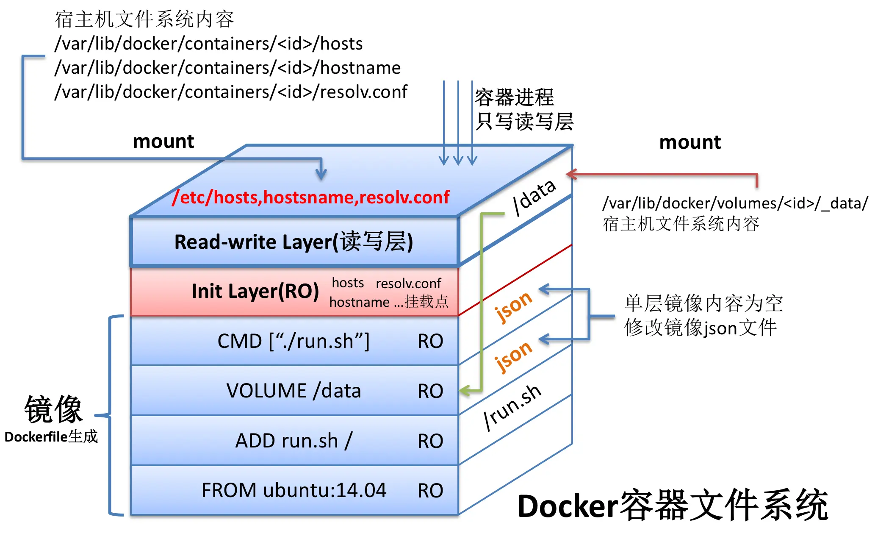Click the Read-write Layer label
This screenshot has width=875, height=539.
(x=294, y=242)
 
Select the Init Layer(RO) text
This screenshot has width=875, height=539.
(x=255, y=292)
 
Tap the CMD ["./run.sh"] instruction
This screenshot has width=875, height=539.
(x=294, y=341)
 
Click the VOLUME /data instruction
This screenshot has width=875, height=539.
(x=294, y=391)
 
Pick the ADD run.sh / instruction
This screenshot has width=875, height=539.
(x=294, y=441)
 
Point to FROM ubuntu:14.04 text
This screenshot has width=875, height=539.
(x=294, y=490)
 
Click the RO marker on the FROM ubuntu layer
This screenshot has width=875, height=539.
(x=430, y=491)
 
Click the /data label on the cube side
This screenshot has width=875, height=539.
(x=534, y=197)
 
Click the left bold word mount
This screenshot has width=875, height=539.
(x=163, y=141)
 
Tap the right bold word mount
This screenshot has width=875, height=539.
(x=690, y=142)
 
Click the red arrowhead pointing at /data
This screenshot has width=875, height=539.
(x=571, y=174)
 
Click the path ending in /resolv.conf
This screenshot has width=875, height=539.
(x=231, y=92)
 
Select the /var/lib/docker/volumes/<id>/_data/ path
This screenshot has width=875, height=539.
(x=735, y=203)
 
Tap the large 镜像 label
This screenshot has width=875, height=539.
(x=53, y=409)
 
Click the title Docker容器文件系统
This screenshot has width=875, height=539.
(x=673, y=506)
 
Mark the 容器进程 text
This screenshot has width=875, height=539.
(x=514, y=97)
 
